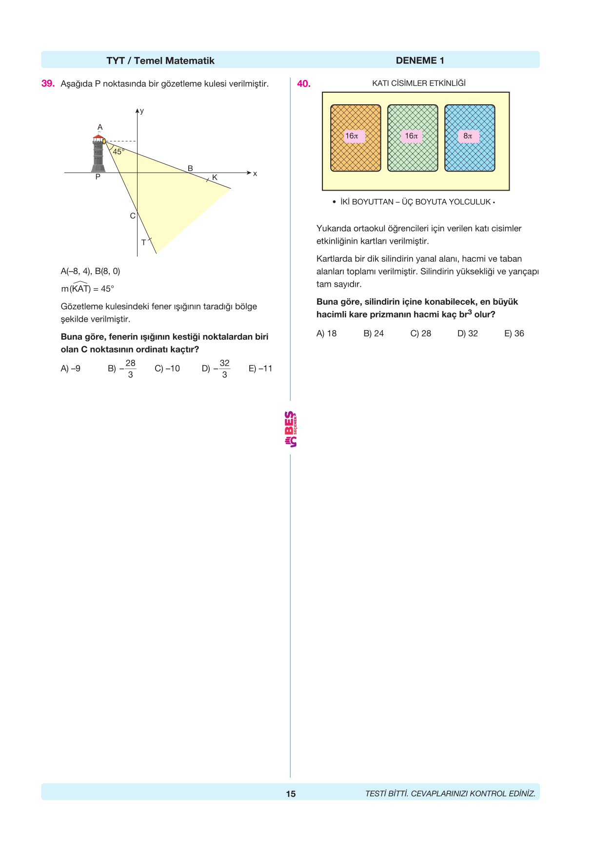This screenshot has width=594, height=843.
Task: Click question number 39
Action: click(48, 83)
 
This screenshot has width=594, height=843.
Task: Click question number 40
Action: click(303, 83)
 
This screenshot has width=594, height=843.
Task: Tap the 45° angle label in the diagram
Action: click(119, 152)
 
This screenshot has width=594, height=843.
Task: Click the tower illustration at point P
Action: click(99, 155)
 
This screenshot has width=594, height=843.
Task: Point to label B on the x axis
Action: click(190, 168)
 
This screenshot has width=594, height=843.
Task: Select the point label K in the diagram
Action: click(215, 177)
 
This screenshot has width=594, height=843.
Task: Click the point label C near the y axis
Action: click(132, 216)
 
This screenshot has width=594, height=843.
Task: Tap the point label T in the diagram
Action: click(143, 242)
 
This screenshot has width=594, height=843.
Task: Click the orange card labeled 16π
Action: click(356, 138)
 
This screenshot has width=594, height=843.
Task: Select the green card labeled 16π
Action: click(413, 138)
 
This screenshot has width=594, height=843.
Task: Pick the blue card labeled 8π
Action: click(470, 138)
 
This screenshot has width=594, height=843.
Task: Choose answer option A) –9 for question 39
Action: click(71, 369)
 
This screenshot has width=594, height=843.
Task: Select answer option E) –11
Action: click(260, 369)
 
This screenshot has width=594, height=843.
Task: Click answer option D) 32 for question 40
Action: click(467, 333)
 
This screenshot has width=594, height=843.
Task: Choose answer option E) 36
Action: click(514, 333)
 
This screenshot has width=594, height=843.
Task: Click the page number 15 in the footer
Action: click(291, 794)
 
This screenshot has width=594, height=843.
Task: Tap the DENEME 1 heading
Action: click(419, 60)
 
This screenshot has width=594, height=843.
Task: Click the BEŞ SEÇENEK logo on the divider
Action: click(291, 429)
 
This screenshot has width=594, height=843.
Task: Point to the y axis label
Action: click(142, 111)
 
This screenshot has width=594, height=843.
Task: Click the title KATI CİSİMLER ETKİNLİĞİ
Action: click(418, 83)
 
